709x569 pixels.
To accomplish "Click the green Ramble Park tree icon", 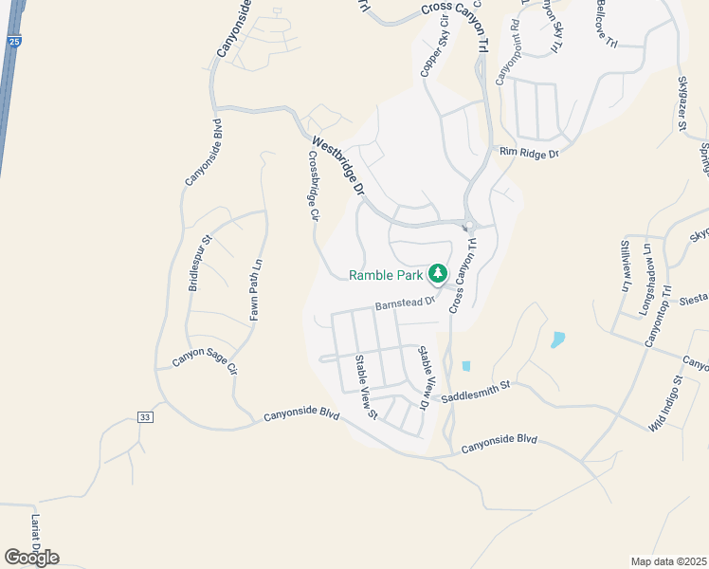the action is [x=437, y=275].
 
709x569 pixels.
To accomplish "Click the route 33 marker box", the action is [x=144, y=417].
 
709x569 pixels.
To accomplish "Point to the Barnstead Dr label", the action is [x=404, y=303].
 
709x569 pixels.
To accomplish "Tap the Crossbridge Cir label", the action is [x=312, y=185].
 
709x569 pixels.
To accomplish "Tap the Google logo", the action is [x=31, y=558].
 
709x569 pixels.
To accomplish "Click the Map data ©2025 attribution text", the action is [x=668, y=561].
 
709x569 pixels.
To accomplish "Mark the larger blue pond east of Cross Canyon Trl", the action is [x=557, y=340].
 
